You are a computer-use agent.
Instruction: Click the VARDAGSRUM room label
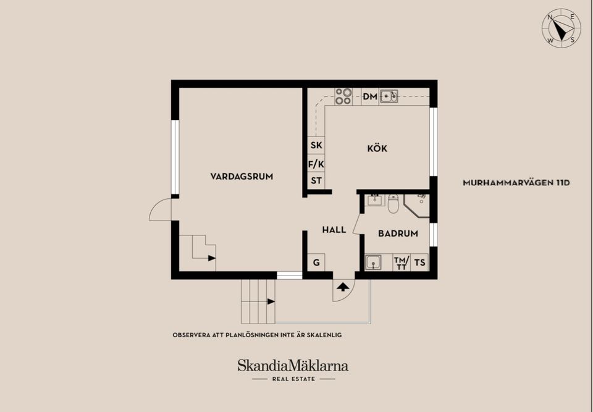[x=242, y=176]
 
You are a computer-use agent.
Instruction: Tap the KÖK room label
[x=377, y=148]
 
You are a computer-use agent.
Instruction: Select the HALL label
[x=334, y=230]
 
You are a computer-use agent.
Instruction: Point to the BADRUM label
[x=398, y=233]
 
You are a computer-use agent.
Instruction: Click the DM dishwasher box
[x=370, y=96]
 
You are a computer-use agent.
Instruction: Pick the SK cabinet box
[x=316, y=146]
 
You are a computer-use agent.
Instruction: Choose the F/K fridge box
[x=316, y=164]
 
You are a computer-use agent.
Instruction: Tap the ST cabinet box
[x=316, y=180]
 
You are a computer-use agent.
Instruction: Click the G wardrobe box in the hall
[x=316, y=263]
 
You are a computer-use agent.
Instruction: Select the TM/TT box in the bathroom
[x=402, y=263]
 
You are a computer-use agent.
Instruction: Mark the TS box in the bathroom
[x=420, y=263]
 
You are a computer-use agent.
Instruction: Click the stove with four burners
[x=343, y=96]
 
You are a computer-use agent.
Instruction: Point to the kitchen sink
[x=389, y=96]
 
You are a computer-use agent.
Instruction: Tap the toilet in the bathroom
[x=393, y=203]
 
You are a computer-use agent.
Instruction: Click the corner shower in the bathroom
[x=416, y=204]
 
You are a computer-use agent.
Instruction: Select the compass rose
[x=561, y=28]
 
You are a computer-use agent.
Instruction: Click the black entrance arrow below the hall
[x=342, y=287]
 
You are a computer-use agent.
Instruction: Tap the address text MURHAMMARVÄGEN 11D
[x=516, y=183]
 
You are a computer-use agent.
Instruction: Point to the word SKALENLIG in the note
[x=321, y=335]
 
